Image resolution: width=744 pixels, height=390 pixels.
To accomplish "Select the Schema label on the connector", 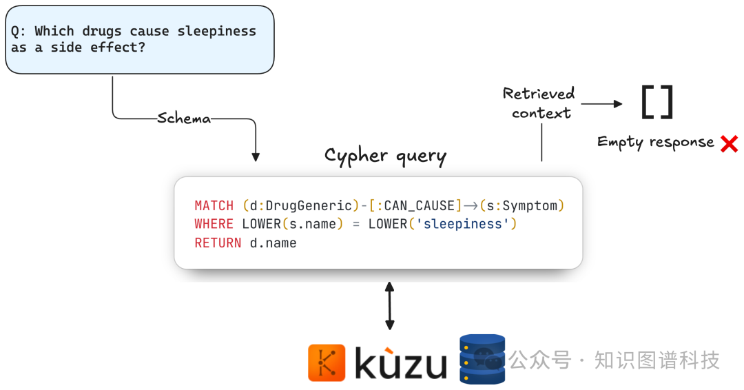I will point(184,119).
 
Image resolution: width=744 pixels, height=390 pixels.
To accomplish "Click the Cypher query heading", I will point(385,156).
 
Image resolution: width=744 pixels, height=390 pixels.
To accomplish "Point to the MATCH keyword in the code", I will point(214,205).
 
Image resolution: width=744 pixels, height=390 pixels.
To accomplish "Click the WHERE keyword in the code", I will point(214,224).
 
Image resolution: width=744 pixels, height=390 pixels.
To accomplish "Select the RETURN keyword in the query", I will point(218,243).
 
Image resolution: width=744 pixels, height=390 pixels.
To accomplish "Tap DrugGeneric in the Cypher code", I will point(308,205).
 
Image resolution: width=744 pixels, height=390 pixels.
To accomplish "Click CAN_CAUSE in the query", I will point(419,205).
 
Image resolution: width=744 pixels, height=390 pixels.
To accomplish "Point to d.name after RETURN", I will point(273,243).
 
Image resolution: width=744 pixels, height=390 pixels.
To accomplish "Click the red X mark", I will point(729,143).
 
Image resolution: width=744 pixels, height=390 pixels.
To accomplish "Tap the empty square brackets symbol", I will point(657,103).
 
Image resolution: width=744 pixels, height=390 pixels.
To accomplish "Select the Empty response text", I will point(655,142).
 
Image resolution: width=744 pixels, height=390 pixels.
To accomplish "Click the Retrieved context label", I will point(539,103).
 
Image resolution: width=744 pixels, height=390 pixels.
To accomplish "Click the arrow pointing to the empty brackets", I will point(601,104).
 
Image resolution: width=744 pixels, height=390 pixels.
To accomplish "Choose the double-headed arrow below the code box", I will point(390,305).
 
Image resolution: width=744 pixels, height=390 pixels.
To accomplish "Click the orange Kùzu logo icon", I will point(327,362).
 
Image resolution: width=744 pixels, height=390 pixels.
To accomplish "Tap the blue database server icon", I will point(482,359).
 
